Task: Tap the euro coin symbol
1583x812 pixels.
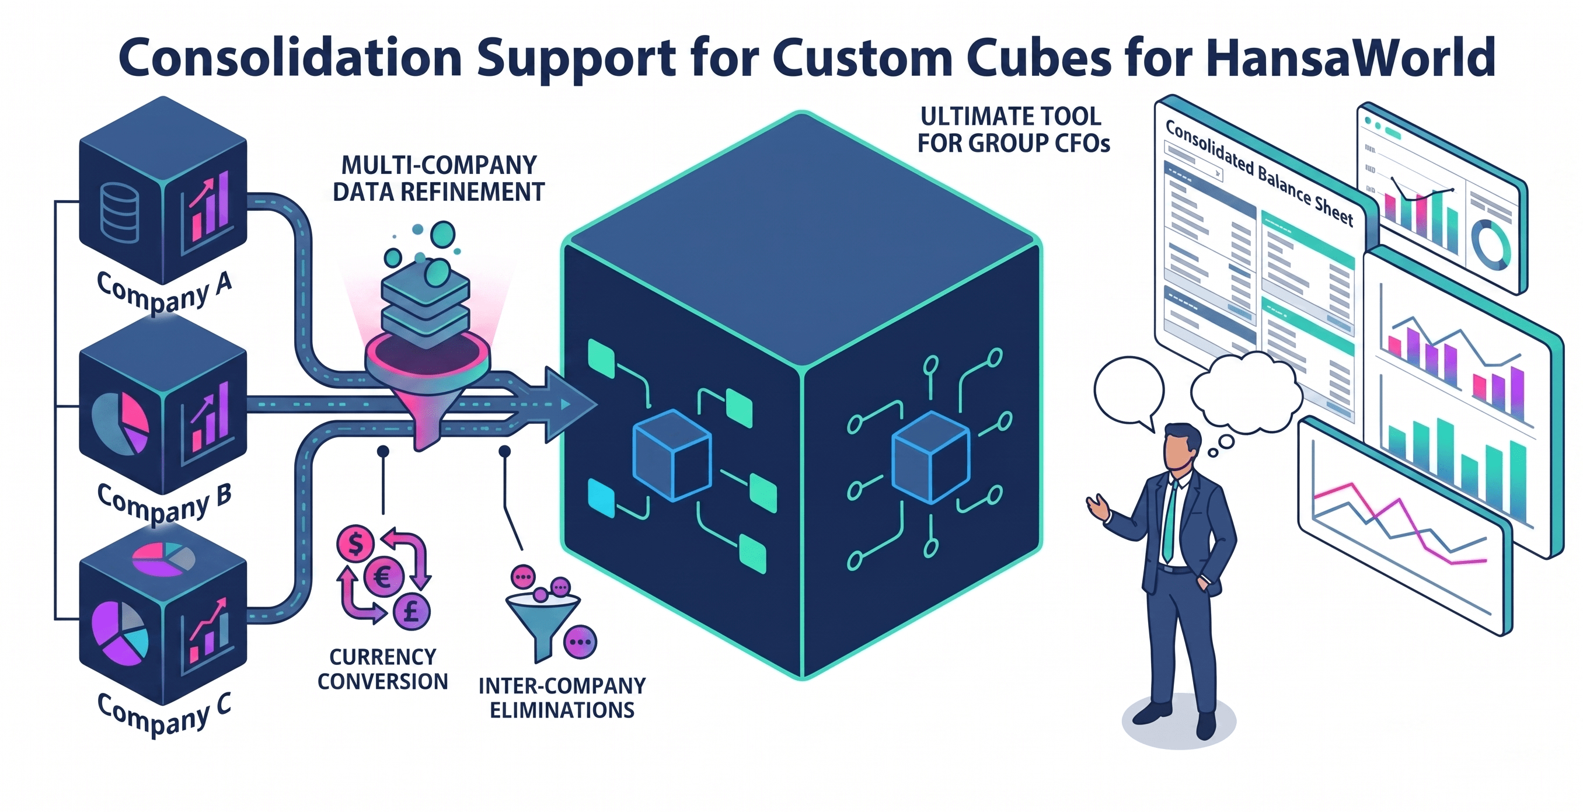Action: click(383, 577)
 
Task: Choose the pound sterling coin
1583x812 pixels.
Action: click(411, 611)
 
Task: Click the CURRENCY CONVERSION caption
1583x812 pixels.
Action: click(382, 670)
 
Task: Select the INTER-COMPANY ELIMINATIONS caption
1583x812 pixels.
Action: click(562, 698)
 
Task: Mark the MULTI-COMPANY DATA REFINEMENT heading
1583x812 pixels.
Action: click(438, 178)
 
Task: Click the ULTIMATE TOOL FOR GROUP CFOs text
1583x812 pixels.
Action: click(1013, 130)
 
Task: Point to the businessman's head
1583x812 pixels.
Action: click(1181, 447)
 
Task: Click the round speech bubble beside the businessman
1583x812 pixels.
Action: click(1128, 391)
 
